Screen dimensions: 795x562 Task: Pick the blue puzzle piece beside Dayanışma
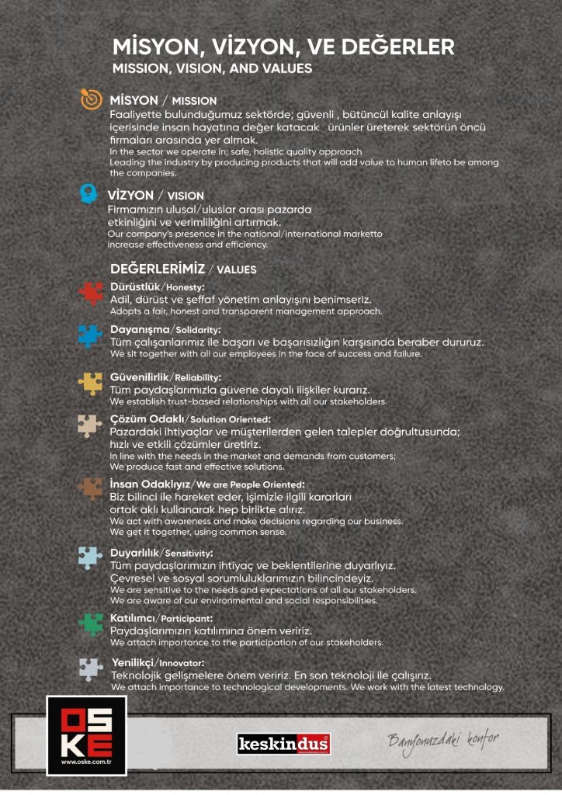[x=90, y=335]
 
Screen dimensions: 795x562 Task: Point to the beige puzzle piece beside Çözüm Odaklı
[x=90, y=425]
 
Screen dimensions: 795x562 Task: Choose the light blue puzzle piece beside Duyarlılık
[x=90, y=557]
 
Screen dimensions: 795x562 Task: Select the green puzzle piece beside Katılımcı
[x=90, y=623]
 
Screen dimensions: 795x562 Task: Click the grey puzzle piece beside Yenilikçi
[x=90, y=668]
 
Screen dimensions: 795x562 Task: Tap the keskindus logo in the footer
[x=283, y=744]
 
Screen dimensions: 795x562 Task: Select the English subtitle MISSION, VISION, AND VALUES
[x=212, y=68]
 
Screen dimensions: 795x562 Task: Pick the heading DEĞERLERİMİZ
[x=158, y=269]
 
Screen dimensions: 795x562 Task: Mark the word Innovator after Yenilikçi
[x=182, y=663]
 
